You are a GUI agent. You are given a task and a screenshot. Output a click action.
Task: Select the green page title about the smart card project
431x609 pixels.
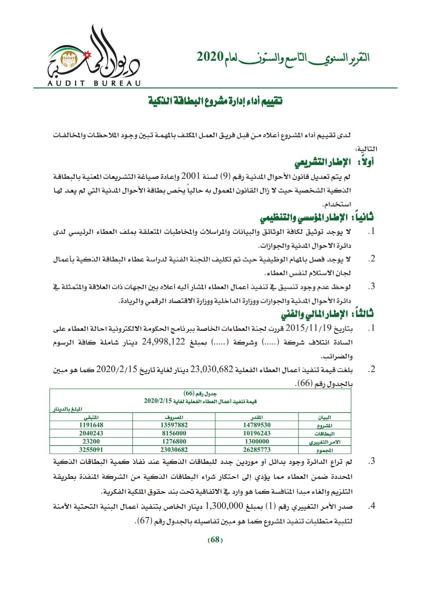215,101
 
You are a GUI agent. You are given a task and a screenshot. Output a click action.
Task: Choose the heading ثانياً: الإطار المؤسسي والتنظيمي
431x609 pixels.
317,218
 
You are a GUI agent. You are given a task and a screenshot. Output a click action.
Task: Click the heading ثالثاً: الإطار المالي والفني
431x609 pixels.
327,314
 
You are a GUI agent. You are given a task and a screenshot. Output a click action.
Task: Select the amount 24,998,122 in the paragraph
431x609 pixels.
163,342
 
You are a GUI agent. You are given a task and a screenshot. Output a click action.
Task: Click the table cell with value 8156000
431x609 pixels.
174,433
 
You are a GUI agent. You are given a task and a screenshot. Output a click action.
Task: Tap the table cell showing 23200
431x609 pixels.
91,442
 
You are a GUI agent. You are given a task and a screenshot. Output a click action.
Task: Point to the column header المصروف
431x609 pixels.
174,417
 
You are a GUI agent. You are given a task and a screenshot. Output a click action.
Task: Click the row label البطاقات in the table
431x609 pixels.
324,434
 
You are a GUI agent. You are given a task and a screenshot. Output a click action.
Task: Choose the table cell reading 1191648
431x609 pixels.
91,425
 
